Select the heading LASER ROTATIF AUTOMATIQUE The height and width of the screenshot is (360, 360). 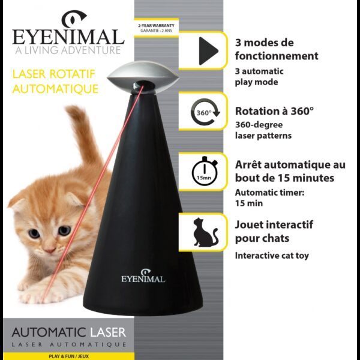pos(55,82)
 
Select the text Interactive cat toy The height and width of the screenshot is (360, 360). pos(272,256)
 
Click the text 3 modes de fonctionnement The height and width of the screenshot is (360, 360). pos(277,50)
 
